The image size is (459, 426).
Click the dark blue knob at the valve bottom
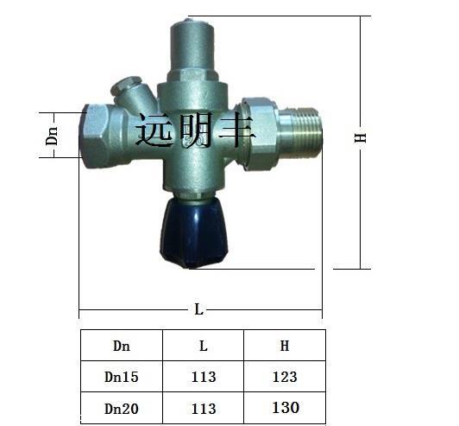[194, 233]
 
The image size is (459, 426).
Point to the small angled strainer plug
[129, 91]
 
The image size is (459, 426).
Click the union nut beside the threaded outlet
[259, 133]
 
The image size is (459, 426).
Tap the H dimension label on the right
[361, 137]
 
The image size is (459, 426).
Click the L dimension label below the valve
[198, 309]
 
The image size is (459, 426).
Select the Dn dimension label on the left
[52, 136]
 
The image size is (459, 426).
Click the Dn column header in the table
[122, 346]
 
